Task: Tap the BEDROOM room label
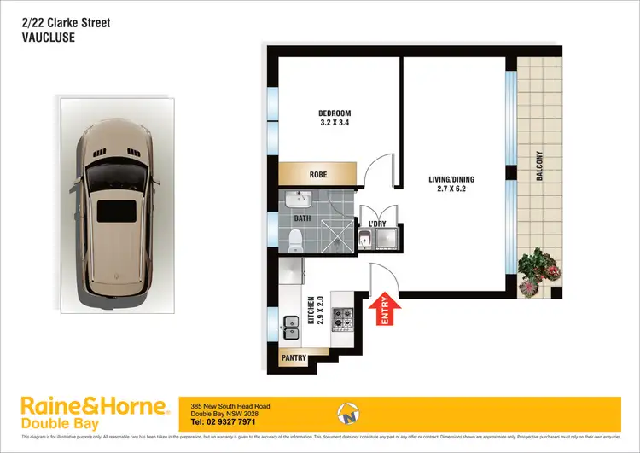pyautogui.click(x=335, y=113)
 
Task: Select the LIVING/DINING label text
pyautogui.click(x=451, y=179)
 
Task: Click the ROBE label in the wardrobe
pyautogui.click(x=317, y=175)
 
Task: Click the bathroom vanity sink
pyautogui.click(x=299, y=201)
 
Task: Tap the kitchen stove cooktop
pyautogui.click(x=342, y=318)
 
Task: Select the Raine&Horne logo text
pyautogui.click(x=77, y=404)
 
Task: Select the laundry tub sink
pyautogui.click(x=366, y=238)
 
